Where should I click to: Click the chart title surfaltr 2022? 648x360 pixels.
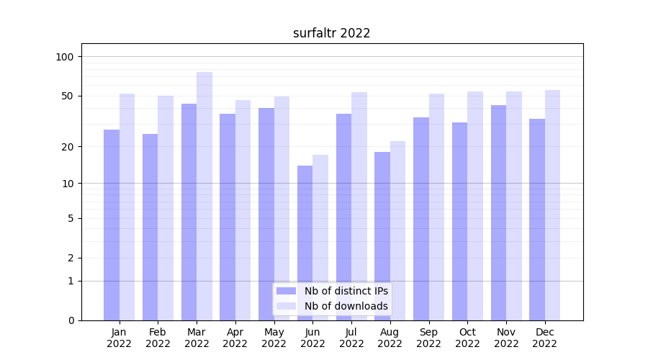[x=331, y=33]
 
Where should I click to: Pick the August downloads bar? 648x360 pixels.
[x=398, y=230]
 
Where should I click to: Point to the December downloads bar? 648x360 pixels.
[x=552, y=205]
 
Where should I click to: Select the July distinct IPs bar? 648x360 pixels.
[x=343, y=217]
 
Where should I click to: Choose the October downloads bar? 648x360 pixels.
[x=475, y=206]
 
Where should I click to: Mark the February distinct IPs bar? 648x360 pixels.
[x=150, y=227]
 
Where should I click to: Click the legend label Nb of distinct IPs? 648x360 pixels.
[x=346, y=291]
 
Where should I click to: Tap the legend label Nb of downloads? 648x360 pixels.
[x=346, y=306]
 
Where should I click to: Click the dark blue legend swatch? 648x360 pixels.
[x=286, y=291]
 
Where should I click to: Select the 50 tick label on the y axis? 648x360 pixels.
[x=68, y=96]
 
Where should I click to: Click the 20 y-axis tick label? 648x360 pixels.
[x=68, y=147]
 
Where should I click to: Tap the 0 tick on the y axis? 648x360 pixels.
[x=71, y=320]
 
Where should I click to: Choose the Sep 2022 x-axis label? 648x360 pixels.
[x=428, y=338]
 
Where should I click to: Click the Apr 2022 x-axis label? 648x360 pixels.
[x=235, y=338]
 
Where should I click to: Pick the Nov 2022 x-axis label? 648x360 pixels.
[x=506, y=338]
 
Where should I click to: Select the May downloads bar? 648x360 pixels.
[x=282, y=208]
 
